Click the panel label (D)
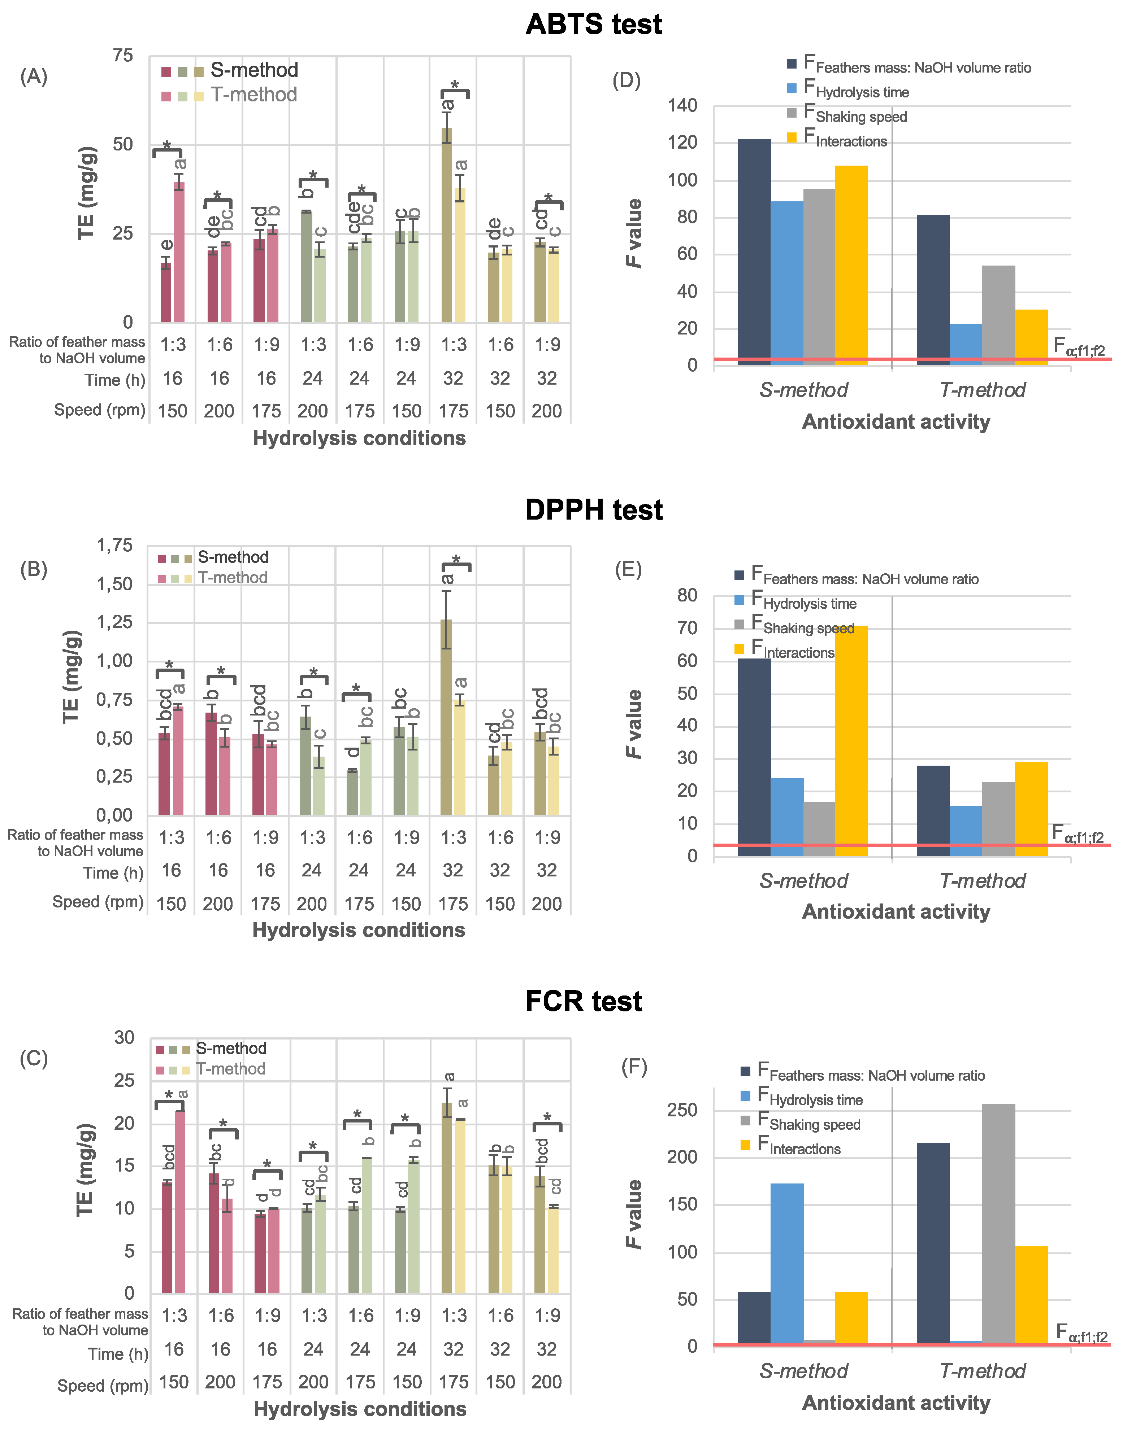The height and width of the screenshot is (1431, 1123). (x=626, y=80)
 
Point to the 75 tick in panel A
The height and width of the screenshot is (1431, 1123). (x=123, y=56)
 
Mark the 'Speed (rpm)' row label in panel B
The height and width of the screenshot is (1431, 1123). (x=98, y=902)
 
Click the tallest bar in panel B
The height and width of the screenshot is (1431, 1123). (x=446, y=717)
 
